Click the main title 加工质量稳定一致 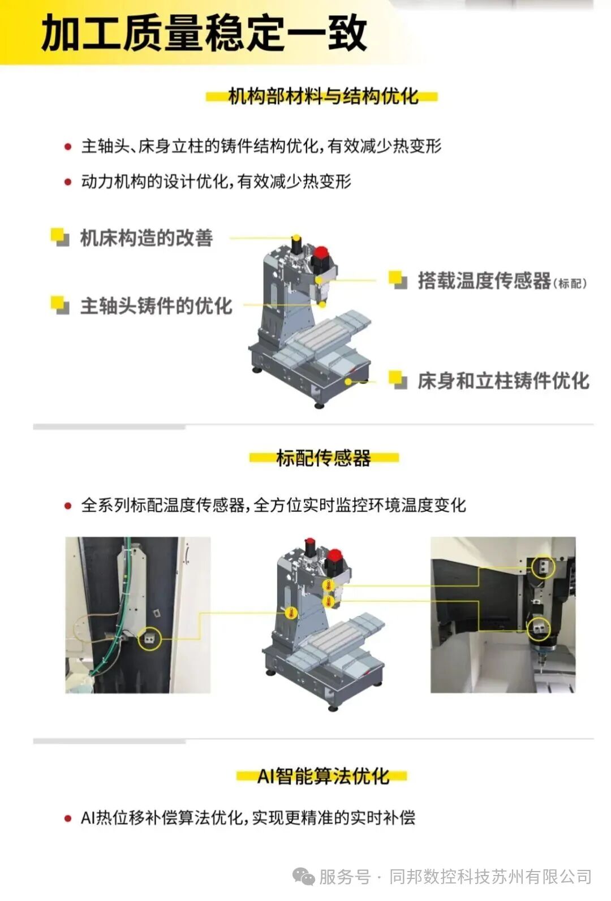(x=204, y=33)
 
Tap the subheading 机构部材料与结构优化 (x=322, y=96)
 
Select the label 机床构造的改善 (x=146, y=238)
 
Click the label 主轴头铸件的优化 (x=156, y=306)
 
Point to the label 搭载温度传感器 (x=484, y=281)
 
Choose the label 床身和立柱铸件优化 (x=503, y=381)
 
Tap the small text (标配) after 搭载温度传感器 (x=570, y=283)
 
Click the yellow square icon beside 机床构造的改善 (x=59, y=236)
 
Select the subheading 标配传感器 (x=323, y=458)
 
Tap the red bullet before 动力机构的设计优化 (x=68, y=182)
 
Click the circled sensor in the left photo (x=149, y=638)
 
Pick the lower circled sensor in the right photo (x=539, y=628)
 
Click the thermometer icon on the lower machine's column (x=291, y=613)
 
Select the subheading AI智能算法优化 (x=322, y=776)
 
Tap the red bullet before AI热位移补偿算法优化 (x=68, y=818)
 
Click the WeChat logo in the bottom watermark (x=304, y=877)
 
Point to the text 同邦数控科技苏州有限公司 (x=490, y=877)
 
